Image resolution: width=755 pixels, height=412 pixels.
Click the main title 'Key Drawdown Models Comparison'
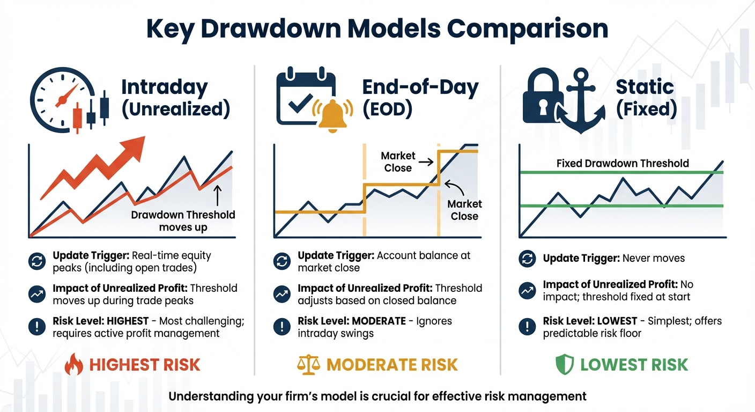pos(377,28)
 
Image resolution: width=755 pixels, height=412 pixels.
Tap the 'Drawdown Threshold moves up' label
pos(183,221)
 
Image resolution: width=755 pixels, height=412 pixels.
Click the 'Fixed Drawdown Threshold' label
pos(623,163)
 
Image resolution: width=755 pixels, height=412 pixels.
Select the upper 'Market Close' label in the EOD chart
pos(398,161)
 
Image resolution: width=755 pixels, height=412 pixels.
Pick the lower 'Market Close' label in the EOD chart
pos(464,210)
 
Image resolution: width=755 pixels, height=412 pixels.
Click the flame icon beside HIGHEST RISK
pos(74,365)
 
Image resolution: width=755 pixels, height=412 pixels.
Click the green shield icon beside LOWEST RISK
pos(564,365)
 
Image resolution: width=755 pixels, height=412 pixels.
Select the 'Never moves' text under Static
pos(653,258)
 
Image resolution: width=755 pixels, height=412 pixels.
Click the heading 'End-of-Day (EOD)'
pos(420,98)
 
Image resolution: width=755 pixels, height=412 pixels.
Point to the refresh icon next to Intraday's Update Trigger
pos(35,261)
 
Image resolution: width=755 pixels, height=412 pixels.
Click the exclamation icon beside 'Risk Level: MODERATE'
pos(282,326)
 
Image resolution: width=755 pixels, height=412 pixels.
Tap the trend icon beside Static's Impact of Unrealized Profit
pos(527,290)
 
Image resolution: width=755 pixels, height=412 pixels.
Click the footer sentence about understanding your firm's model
pos(377,396)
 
